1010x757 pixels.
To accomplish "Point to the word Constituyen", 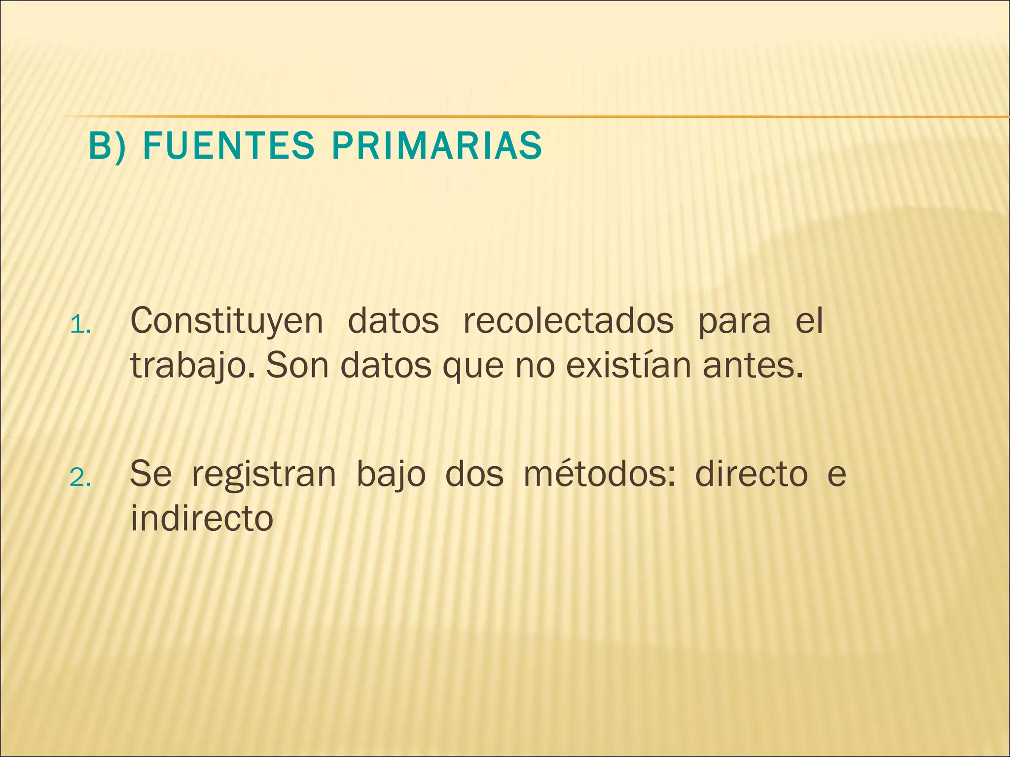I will [226, 321].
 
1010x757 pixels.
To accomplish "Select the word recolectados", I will [568, 321].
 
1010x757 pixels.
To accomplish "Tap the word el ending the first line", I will [809, 321].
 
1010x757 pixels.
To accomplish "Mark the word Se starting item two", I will [151, 474].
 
